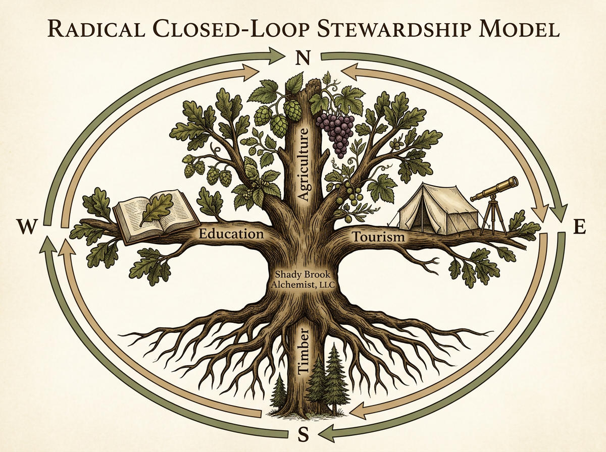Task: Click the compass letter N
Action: tap(302, 58)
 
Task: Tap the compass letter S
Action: tap(303, 435)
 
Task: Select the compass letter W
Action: tap(27, 227)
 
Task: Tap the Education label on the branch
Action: tap(231, 234)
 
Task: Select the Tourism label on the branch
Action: tap(379, 237)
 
